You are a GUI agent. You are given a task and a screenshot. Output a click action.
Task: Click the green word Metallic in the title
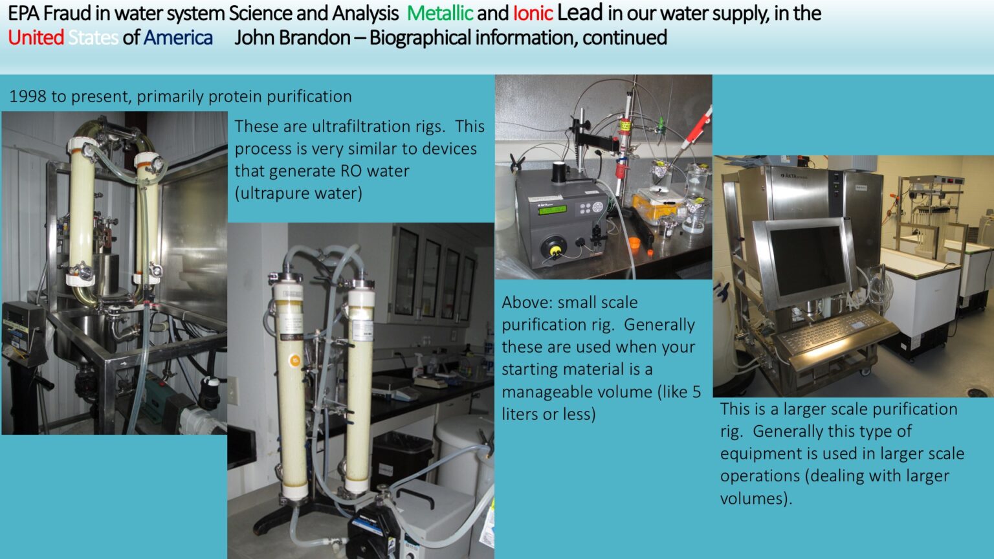[440, 14]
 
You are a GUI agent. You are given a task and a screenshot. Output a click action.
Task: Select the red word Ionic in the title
[533, 14]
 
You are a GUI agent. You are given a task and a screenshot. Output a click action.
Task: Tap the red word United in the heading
[36, 38]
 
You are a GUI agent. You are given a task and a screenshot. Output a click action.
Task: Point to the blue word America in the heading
[178, 38]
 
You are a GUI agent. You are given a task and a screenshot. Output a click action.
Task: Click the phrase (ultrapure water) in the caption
[298, 193]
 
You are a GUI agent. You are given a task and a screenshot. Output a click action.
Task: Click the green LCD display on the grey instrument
[552, 210]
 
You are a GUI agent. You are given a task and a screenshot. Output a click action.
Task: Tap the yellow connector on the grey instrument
[554, 252]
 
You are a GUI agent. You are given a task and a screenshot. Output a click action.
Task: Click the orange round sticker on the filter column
[294, 360]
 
